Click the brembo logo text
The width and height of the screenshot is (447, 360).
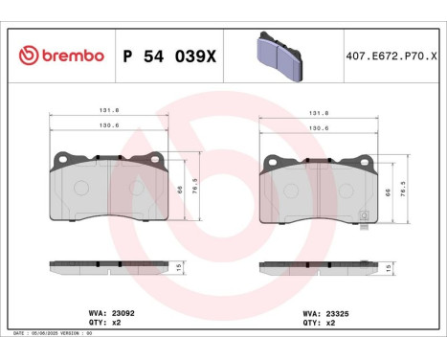coord(71,56)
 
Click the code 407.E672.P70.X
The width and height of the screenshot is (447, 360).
coord(388,57)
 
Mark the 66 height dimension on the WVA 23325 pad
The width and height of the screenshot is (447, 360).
coord(387,191)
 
